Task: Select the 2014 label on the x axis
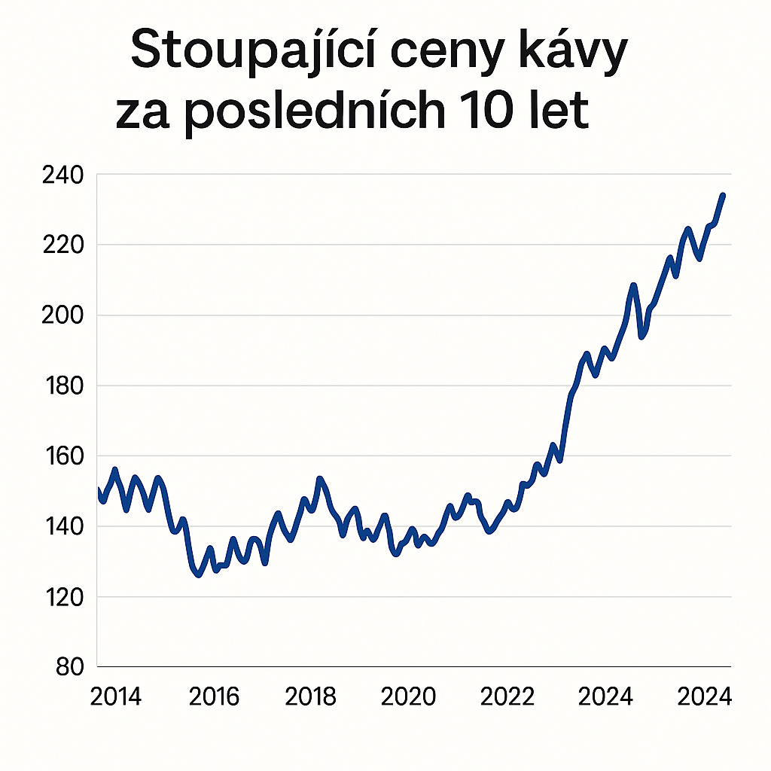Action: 115,697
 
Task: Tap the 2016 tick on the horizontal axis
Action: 214,697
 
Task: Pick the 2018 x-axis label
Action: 311,697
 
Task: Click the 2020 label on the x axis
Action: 409,697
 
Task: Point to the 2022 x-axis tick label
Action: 507,697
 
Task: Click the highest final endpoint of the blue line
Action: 723,195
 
